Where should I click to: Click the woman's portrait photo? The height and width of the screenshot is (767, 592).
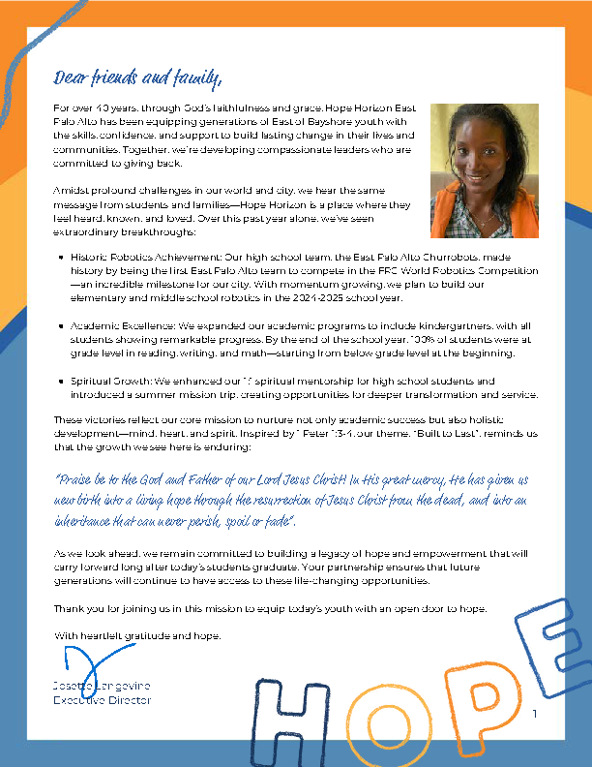point(485,170)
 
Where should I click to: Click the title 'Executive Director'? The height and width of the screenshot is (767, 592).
point(102,699)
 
